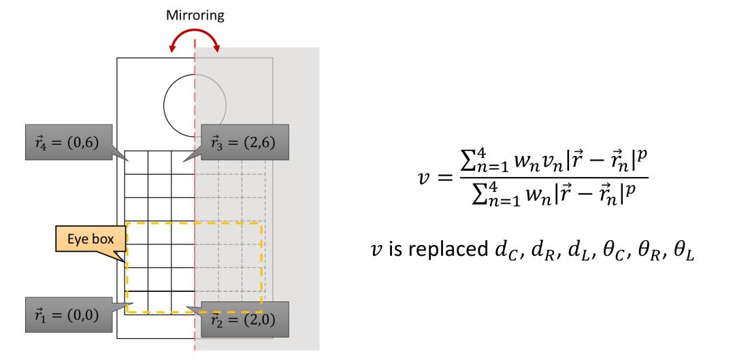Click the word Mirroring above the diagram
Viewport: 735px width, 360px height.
[195, 15]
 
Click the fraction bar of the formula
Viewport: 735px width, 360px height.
[554, 180]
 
